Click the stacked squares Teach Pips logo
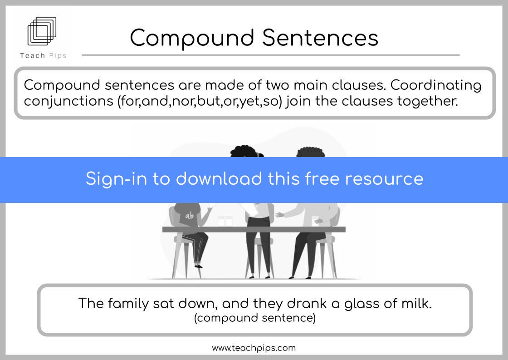pyautogui.click(x=42, y=31)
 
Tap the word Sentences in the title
pyautogui.click(x=320, y=38)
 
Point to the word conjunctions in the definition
pyautogui.click(x=68, y=102)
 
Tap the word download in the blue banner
pyautogui.click(x=219, y=179)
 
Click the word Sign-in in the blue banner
pyautogui.click(x=116, y=179)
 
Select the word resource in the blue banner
pyautogui.click(x=384, y=179)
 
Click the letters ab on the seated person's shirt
pyautogui.click(x=190, y=216)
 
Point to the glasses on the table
pyautogui.click(x=225, y=221)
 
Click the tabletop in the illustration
pyautogui.click(x=254, y=230)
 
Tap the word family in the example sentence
pyautogui.click(x=128, y=304)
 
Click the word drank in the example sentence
pyautogui.click(x=307, y=303)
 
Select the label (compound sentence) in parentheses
pyautogui.click(x=254, y=318)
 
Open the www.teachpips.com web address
pyautogui.click(x=254, y=348)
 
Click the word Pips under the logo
pyautogui.click(x=58, y=56)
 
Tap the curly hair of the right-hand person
pyautogui.click(x=311, y=152)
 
